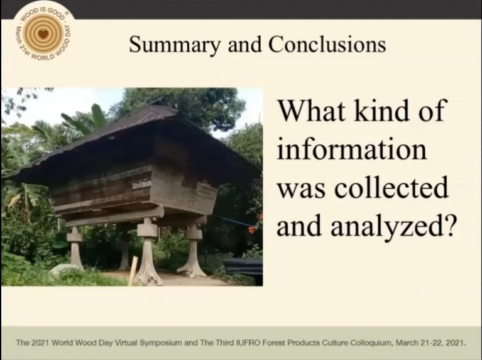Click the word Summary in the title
[175, 45]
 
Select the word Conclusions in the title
[327, 44]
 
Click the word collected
[391, 187]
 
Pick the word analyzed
[384, 226]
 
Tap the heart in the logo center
[43, 33]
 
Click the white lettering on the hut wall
[142, 185]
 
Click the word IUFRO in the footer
[246, 343]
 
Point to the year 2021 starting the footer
[42, 343]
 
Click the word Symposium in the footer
[160, 343]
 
